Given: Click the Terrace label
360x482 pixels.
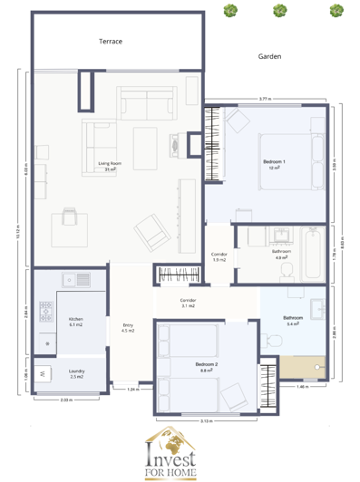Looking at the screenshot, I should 111,42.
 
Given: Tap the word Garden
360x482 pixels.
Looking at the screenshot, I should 269,56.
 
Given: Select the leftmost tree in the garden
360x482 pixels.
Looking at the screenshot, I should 232,11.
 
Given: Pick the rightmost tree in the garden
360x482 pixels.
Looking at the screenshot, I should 336,11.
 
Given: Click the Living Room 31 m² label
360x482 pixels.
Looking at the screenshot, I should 111,167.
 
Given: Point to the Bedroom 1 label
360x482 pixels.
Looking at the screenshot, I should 274,164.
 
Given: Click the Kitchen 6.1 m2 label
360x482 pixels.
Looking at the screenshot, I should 76,321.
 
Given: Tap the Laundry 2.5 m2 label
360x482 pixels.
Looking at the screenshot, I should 76,374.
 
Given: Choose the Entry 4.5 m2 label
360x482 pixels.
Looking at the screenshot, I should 128,328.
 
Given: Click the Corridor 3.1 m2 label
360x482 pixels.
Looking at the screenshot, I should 188,304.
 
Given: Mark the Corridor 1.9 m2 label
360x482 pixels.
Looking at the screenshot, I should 219,257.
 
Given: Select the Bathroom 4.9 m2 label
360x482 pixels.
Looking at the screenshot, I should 282,254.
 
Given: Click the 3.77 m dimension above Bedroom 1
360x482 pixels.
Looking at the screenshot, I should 263,98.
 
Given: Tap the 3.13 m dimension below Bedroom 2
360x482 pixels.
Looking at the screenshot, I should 205,421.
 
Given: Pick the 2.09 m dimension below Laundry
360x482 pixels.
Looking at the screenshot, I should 65,400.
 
